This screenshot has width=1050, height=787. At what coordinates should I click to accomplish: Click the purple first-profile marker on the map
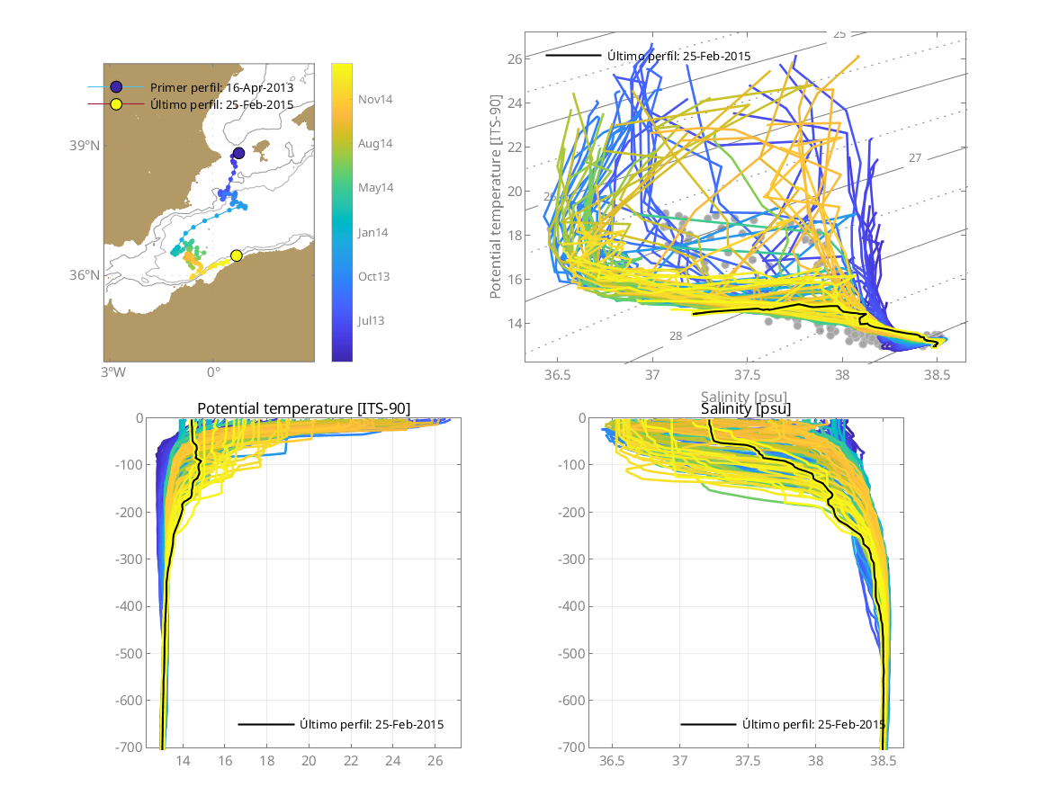[238, 153]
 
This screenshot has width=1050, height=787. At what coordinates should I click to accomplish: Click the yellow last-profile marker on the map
[237, 255]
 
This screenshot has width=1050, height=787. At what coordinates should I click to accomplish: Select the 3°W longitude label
[111, 372]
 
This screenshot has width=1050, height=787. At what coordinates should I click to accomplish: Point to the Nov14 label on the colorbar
[375, 100]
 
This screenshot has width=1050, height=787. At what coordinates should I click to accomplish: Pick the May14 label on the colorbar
[375, 188]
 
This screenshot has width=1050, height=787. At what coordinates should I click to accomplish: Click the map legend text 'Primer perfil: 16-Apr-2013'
[221, 87]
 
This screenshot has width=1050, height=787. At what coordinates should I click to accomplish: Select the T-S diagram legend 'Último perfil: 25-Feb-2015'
[678, 56]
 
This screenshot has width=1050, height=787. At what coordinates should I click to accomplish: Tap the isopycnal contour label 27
[915, 158]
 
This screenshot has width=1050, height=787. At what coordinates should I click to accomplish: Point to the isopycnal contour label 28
[676, 335]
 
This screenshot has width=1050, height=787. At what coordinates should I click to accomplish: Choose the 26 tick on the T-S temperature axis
[516, 59]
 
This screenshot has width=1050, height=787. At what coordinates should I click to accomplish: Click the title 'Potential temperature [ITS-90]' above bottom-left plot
[303, 409]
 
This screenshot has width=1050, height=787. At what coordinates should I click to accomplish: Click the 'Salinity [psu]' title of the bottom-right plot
[746, 409]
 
